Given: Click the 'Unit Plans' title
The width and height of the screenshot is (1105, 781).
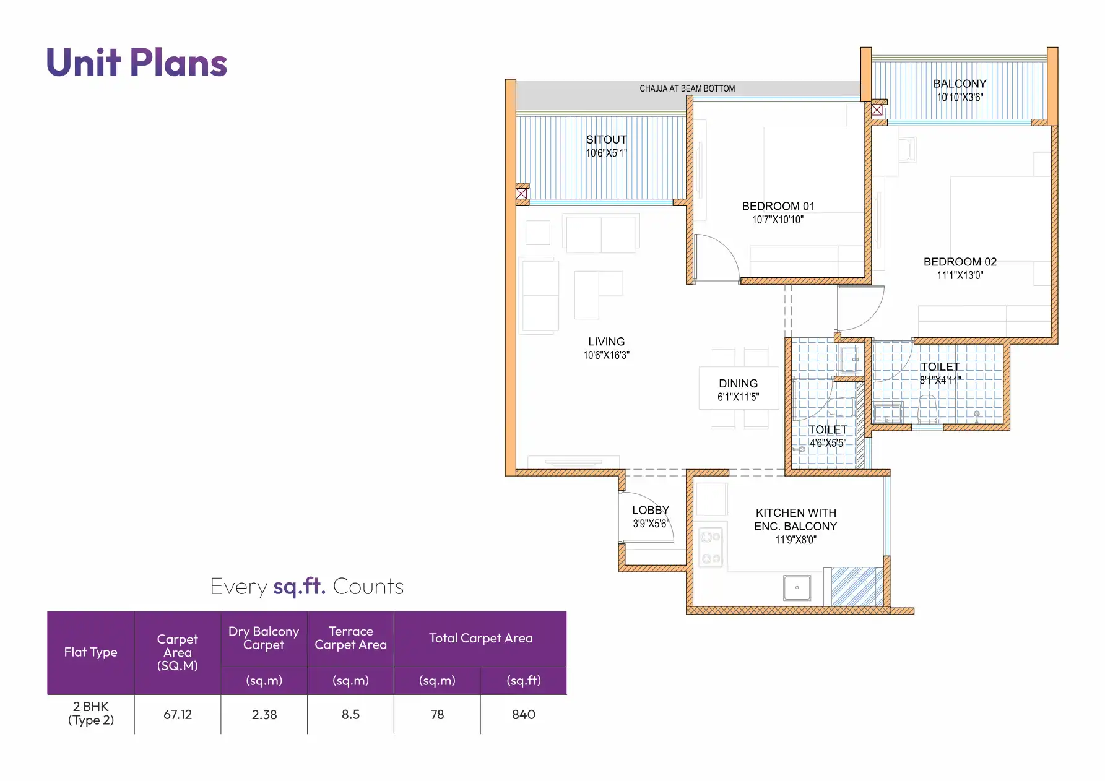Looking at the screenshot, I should [137, 63].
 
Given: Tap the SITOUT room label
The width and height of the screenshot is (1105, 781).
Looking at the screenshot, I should [606, 140].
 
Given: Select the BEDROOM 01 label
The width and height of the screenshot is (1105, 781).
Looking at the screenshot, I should [778, 206].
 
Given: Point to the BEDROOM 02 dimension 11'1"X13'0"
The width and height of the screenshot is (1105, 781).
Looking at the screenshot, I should [960, 275].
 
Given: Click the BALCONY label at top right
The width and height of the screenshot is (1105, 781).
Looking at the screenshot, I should [960, 84].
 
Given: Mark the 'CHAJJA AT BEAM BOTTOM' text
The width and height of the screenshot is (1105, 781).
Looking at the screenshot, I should [687, 88].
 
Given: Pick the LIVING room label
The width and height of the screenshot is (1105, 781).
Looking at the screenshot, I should [606, 342].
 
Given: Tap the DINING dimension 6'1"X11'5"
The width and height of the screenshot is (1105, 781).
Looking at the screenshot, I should [738, 397].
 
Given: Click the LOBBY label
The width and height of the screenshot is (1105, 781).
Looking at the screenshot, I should [651, 510].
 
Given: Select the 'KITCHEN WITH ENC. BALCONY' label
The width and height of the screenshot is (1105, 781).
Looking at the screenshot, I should [795, 519].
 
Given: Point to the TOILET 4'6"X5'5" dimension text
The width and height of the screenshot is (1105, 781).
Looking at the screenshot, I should [828, 443].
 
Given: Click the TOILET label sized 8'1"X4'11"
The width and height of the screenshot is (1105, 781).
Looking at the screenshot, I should [940, 367].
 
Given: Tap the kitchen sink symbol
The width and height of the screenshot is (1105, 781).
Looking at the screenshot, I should [797, 587].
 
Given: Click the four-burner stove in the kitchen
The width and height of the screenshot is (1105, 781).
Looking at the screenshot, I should [710, 548].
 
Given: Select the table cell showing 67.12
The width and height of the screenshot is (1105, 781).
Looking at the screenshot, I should [178, 714].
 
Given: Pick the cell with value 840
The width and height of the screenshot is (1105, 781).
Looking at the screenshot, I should [523, 714].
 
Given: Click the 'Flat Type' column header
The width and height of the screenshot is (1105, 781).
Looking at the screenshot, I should [90, 652].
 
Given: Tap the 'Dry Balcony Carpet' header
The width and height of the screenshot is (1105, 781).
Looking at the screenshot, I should [264, 638].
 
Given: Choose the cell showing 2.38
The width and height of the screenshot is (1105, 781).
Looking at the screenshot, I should [264, 714].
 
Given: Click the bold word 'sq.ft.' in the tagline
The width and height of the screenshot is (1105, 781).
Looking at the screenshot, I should [300, 586].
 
